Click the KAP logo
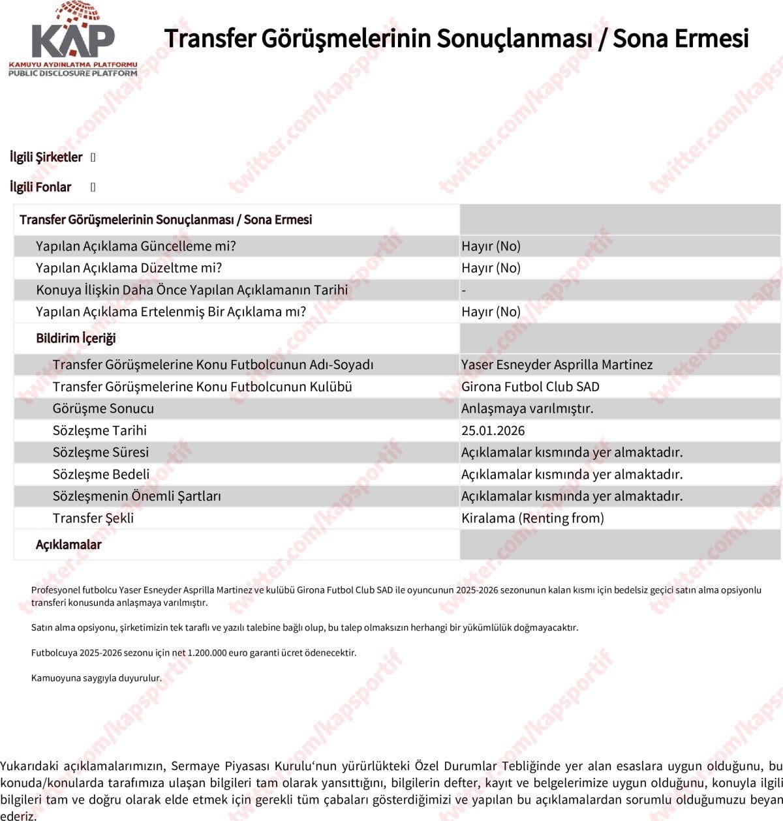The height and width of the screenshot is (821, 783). (72, 40)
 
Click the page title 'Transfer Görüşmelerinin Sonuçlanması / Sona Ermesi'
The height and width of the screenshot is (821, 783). (456, 38)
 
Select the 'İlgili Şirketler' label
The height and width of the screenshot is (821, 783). (46, 157)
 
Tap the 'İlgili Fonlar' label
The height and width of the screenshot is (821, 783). (40, 187)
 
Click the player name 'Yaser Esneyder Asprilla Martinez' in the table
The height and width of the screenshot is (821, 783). (557, 365)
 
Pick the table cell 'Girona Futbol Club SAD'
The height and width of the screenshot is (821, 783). (530, 387)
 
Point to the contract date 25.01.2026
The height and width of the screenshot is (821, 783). (493, 430)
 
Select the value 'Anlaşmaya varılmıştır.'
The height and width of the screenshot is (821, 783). (527, 409)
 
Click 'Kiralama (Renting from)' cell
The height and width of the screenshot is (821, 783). (532, 518)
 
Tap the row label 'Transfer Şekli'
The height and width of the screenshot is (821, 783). (93, 518)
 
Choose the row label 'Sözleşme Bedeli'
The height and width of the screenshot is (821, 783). (101, 474)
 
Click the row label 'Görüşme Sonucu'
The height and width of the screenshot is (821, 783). (103, 409)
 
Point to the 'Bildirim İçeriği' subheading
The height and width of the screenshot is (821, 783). (76, 338)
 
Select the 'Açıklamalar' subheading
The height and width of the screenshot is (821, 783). (69, 545)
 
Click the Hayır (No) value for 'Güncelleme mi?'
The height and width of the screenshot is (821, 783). (491, 246)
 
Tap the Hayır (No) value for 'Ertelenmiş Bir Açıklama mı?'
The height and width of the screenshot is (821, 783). (491, 312)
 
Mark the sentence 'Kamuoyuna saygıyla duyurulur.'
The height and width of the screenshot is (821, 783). (96, 678)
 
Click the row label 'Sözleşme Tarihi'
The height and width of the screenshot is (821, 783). (100, 430)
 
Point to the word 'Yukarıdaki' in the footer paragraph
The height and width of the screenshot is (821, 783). (29, 766)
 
